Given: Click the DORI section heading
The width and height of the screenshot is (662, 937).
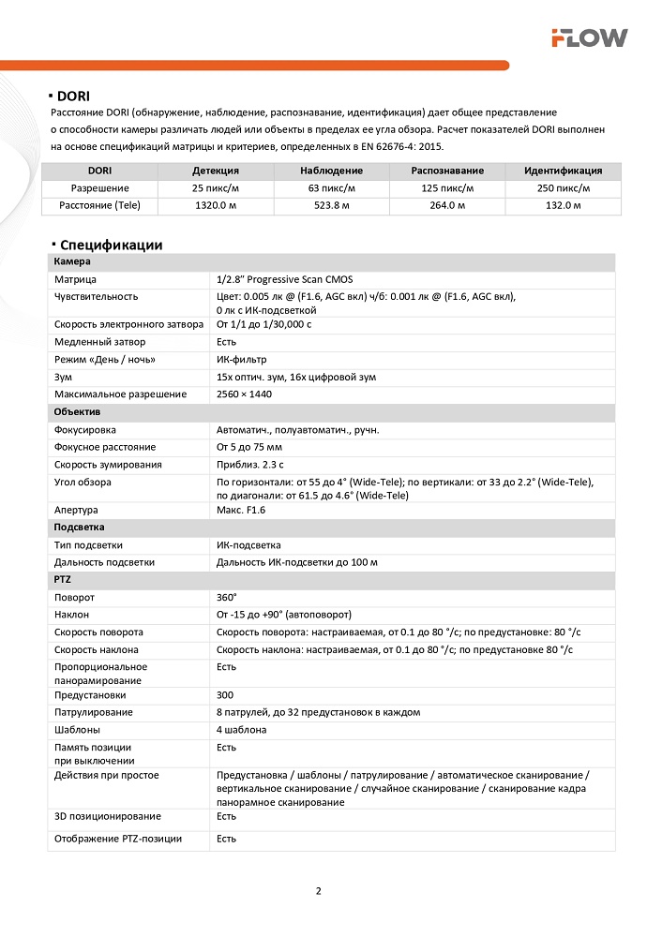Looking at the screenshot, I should click(72, 96).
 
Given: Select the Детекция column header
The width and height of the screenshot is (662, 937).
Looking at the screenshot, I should click(215, 171).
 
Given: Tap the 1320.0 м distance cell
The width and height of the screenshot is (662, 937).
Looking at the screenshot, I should click(215, 204).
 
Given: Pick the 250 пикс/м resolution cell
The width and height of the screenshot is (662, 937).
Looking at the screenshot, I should click(563, 187).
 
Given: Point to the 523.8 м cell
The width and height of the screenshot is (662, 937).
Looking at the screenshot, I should click(331, 204).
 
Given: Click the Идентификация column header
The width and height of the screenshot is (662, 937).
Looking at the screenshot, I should click(563, 171).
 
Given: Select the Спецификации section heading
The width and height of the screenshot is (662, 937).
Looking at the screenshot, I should click(110, 245).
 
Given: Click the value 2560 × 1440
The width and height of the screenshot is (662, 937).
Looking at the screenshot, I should click(244, 394).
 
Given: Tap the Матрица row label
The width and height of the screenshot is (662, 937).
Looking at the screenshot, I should click(75, 279).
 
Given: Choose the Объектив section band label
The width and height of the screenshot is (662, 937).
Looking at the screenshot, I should click(78, 412).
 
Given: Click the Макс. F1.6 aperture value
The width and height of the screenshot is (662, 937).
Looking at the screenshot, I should click(241, 511).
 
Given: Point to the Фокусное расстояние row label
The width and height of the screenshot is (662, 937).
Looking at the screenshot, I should click(105, 447).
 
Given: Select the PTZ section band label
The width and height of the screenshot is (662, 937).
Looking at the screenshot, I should click(63, 580).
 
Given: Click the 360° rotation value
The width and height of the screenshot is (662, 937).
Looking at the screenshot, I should click(226, 597).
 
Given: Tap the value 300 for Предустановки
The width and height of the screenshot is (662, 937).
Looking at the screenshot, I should click(224, 695).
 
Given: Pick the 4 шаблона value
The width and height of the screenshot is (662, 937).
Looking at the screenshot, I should click(242, 730).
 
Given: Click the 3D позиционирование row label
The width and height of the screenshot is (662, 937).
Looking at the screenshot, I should click(107, 816).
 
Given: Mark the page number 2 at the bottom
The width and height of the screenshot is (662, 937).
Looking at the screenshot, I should click(318, 890).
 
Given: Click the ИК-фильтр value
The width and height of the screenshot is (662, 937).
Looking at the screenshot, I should click(241, 360).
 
